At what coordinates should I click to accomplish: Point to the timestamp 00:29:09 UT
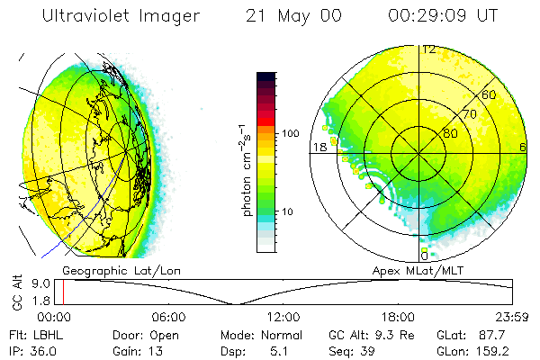point(443,17)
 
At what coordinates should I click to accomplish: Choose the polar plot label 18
point(319,147)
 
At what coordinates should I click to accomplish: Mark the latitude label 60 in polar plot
point(490,94)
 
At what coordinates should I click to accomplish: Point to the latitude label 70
point(469,114)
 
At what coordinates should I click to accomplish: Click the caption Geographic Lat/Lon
point(111,269)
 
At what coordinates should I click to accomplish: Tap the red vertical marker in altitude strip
point(64,292)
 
